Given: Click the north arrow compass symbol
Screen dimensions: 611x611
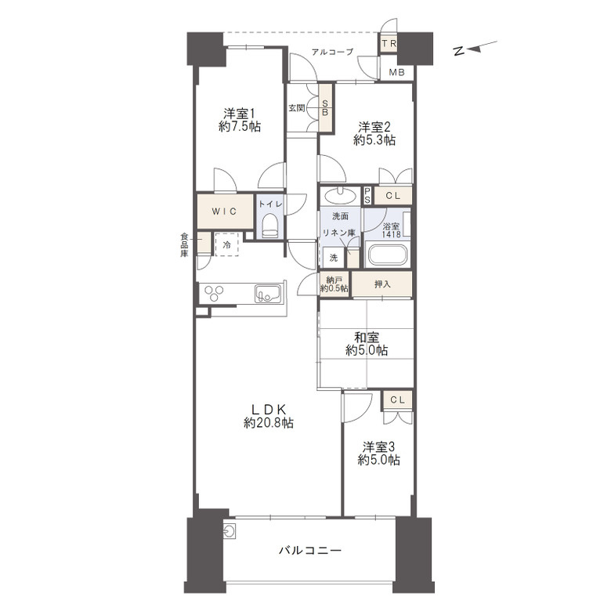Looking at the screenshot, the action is coord(475,49).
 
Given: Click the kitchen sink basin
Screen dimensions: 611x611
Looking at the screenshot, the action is coord(268,294).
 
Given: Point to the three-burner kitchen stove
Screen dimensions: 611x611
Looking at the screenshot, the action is coord(214,294).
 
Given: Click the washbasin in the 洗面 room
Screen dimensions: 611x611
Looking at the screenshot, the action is coord(340,195).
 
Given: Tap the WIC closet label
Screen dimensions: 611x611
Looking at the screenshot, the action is coord(225,211).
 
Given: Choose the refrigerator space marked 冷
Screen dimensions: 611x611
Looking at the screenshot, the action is coord(227,244).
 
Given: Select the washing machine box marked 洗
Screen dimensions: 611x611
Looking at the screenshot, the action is coord(333,258).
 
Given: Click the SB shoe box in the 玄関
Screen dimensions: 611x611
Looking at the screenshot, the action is coord(325,107).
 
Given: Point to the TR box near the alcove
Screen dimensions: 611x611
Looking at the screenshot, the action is coord(389,44).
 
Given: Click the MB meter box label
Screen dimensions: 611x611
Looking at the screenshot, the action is coord(396,72).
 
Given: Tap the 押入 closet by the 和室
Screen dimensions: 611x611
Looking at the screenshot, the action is coord(382,284).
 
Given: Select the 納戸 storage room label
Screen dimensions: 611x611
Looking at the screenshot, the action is coord(334,284).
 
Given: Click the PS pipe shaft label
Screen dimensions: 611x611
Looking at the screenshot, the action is coord(367,196).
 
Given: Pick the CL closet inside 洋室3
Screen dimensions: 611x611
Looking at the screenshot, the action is coord(397,399).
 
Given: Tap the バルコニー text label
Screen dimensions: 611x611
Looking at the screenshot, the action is coord(310,550).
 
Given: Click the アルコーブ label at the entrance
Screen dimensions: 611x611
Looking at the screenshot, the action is coord(332,52).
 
